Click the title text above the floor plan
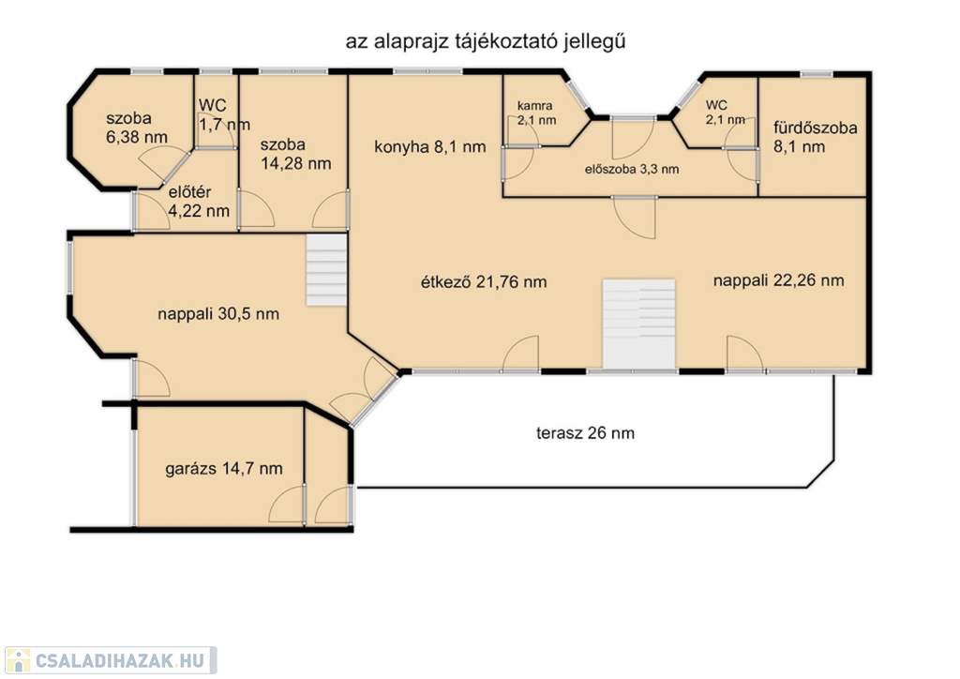click(486, 41)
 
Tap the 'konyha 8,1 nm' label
click(429, 147)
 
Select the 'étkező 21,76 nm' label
click(484, 281)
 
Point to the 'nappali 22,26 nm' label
click(778, 280)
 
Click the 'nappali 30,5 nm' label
click(217, 314)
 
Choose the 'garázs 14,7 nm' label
click(223, 469)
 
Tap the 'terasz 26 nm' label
click(585, 433)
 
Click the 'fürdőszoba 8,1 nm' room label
click(815, 137)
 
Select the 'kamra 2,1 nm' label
click(536, 113)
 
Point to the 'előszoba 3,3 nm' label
click(632, 170)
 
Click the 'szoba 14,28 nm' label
click(295, 155)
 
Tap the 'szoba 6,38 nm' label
click(137, 128)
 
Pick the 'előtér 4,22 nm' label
click(199, 202)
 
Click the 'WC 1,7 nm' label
click(224, 114)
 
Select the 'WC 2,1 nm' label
click(725, 113)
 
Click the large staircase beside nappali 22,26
click(639, 324)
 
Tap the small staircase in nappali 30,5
click(327, 270)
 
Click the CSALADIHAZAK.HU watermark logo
click(111, 660)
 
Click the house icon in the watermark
click(19, 660)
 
